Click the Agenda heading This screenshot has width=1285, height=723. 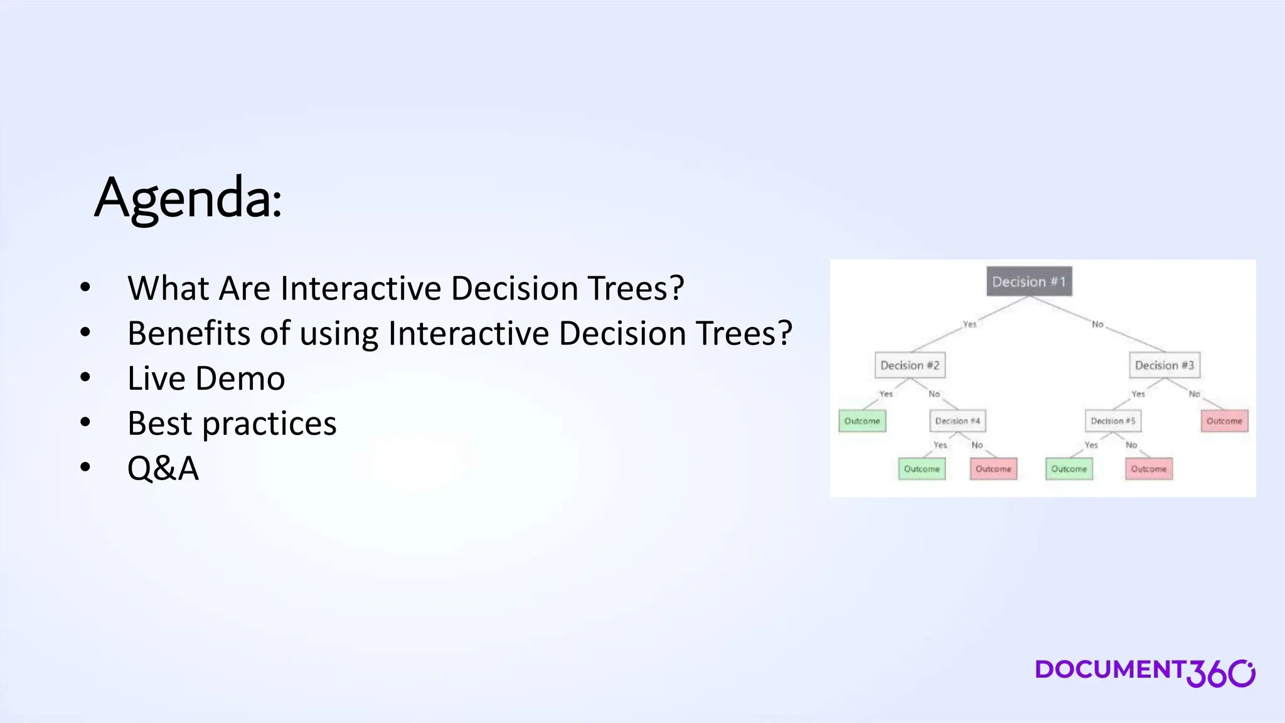[x=188, y=198]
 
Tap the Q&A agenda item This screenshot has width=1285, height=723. [x=163, y=468]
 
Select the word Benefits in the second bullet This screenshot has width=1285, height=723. [x=189, y=333]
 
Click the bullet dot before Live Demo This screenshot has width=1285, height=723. [x=85, y=378]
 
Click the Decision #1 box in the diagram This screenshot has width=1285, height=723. [x=1029, y=282]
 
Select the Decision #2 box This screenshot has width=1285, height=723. [x=910, y=365]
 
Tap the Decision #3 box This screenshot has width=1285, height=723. [x=1165, y=365]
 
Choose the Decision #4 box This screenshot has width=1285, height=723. [x=957, y=421]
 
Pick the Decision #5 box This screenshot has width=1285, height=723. [x=1113, y=421]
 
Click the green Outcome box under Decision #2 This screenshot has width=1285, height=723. [x=862, y=421]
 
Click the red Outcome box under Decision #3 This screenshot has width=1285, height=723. [x=1224, y=421]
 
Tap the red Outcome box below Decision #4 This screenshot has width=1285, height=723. [x=993, y=469]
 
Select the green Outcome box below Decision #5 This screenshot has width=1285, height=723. [x=1069, y=469]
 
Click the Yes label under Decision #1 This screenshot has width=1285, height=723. [x=969, y=324]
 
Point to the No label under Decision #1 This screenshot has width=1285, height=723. [x=1097, y=324]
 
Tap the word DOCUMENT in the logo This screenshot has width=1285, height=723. [x=1109, y=670]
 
